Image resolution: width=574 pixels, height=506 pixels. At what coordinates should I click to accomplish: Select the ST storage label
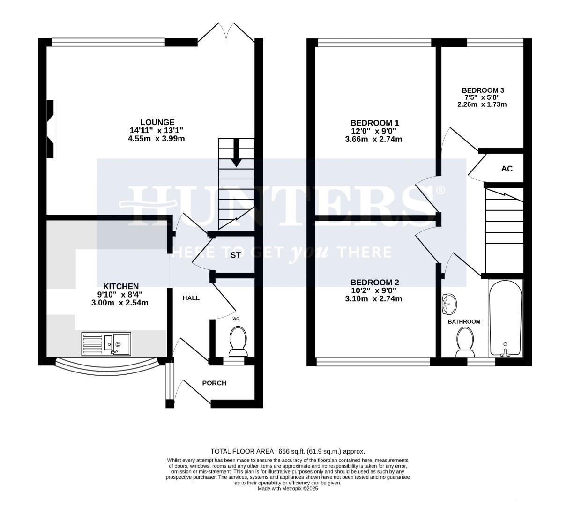(235, 255)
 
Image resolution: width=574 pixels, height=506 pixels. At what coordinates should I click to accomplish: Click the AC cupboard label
(507, 169)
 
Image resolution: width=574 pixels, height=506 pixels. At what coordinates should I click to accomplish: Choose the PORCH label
(214, 383)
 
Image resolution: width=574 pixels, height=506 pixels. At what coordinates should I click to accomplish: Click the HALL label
(191, 298)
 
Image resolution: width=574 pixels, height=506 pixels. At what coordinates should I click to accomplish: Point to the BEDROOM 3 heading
(483, 90)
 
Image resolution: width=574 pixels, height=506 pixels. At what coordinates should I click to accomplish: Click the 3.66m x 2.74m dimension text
(374, 139)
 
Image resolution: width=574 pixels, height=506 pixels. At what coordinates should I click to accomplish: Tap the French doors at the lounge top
(226, 33)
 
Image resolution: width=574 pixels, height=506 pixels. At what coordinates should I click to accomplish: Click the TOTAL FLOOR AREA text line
(287, 451)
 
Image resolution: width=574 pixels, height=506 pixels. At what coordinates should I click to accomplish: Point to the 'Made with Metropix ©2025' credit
(288, 489)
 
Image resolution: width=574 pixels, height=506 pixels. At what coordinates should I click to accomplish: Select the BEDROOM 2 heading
(374, 282)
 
